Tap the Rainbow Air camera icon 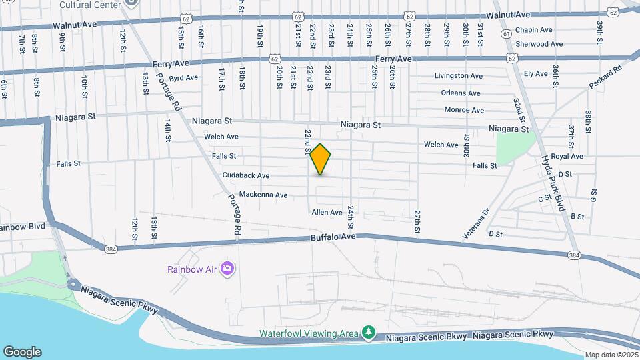point(227,269)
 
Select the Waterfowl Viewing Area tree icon point(367,332)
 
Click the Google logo point(22,352)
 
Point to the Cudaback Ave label point(245,176)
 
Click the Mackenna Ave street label point(263,195)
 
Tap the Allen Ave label point(327,213)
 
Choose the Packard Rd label point(605,76)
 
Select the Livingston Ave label point(458,76)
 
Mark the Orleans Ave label point(461,93)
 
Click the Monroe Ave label point(464,110)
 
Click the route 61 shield point(507,33)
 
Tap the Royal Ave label point(567,157)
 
